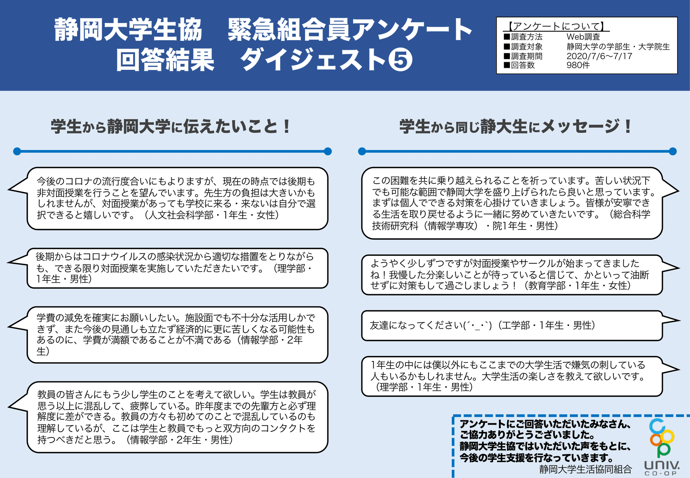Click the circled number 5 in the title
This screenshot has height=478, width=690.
[400, 60]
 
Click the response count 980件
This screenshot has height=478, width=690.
[578, 65]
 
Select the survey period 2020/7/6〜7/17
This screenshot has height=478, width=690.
[599, 56]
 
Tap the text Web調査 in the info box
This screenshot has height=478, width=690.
[583, 37]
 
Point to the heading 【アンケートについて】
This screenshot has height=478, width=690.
[557, 26]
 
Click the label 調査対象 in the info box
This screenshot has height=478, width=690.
[527, 47]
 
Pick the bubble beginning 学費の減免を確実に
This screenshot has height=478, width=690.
[177, 334]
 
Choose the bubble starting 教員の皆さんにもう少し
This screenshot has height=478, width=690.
[177, 417]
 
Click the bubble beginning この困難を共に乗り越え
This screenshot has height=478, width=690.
[512, 203]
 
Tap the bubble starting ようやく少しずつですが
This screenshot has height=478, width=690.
[512, 275]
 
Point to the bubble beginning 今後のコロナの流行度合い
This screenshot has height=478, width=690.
[177, 198]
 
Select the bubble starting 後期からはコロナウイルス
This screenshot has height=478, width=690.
[177, 268]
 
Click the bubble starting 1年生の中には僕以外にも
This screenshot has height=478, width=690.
[512, 376]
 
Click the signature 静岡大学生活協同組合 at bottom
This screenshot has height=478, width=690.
[585, 469]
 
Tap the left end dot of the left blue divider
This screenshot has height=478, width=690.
[17, 151]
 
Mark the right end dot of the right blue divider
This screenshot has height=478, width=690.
[673, 151]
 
